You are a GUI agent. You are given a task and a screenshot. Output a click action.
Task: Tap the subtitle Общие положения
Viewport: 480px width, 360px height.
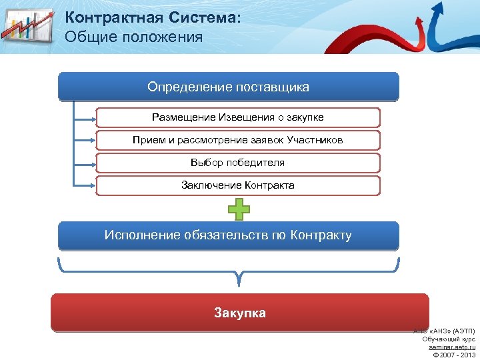pyautogui.click(x=133, y=37)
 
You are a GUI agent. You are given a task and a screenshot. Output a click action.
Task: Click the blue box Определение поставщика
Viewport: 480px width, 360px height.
pyautogui.click(x=228, y=87)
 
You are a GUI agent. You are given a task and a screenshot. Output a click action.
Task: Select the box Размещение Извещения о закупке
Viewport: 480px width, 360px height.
pyautogui.click(x=238, y=117)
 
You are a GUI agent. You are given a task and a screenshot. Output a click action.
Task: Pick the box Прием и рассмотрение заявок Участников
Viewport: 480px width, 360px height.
pyautogui.click(x=238, y=140)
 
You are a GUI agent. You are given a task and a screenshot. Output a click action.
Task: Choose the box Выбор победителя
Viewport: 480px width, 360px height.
pyautogui.click(x=238, y=163)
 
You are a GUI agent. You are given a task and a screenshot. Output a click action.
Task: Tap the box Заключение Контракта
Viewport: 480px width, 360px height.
pyautogui.click(x=238, y=185)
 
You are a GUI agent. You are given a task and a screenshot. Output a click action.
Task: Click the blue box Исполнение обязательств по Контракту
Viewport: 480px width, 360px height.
pyautogui.click(x=228, y=235)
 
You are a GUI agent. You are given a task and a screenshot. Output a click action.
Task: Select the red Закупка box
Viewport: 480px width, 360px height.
pyautogui.click(x=239, y=313)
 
